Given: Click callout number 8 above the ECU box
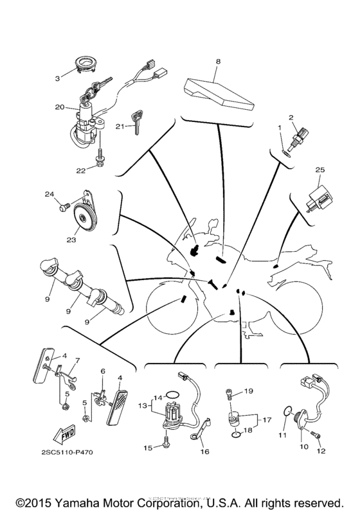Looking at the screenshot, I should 218,62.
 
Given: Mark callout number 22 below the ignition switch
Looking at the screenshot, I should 81,170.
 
